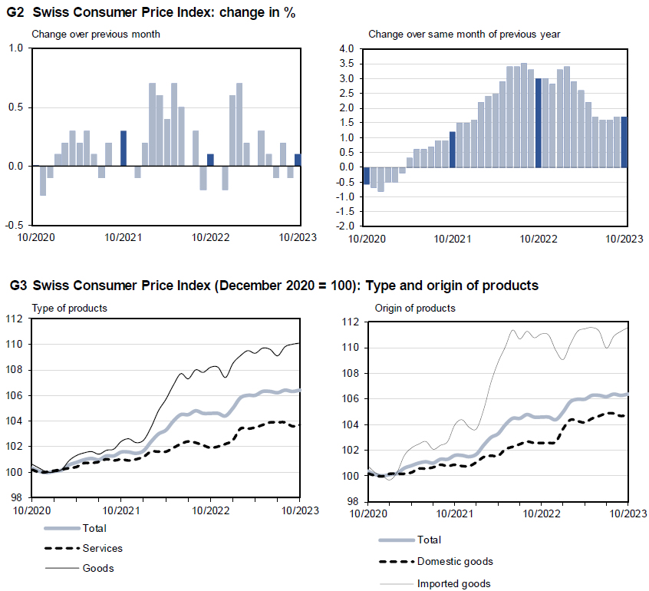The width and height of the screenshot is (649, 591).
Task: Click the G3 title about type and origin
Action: click(274, 286)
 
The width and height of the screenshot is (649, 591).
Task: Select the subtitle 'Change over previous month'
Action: click(96, 34)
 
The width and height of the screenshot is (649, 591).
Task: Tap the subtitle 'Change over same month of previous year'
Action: click(464, 34)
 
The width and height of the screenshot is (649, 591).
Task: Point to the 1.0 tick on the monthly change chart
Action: click(15, 48)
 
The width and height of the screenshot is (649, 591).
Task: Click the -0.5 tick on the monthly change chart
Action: click(14, 225)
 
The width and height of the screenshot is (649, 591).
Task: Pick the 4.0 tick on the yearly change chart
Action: click(346, 48)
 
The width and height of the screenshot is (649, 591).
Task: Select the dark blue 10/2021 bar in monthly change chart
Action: click(124, 148)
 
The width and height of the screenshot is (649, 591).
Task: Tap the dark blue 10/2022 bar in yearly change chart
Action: click(539, 123)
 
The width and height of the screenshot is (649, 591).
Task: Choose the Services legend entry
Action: click(102, 548)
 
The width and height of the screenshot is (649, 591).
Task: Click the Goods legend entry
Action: click(97, 568)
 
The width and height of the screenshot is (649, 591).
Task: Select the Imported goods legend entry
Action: click(453, 583)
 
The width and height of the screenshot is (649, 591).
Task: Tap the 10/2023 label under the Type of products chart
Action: click(298, 510)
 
